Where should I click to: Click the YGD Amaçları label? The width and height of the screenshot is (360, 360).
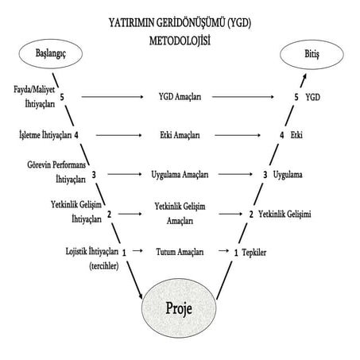(180, 97)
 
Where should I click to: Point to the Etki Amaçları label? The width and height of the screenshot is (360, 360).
(180, 135)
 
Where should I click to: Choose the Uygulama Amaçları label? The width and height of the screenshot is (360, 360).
(180, 175)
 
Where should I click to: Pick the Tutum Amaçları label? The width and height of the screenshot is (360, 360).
(180, 252)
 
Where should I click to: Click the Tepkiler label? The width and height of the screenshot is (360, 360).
(254, 253)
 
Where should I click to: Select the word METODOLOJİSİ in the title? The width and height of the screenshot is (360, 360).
(180, 41)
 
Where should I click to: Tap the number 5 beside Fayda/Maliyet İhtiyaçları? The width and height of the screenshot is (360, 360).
(62, 97)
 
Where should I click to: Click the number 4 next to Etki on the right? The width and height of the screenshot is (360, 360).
(282, 135)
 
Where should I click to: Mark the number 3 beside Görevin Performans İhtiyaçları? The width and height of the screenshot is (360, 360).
(94, 175)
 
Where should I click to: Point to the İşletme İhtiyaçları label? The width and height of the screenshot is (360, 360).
(45, 135)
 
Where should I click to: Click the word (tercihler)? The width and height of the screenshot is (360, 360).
(104, 266)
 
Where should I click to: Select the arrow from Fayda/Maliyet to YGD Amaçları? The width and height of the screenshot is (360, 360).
(112, 97)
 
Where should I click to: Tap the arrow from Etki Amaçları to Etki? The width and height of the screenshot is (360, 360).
(238, 135)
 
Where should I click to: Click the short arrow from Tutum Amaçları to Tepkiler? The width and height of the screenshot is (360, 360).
(223, 250)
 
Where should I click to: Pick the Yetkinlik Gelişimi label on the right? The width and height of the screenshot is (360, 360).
(285, 214)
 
